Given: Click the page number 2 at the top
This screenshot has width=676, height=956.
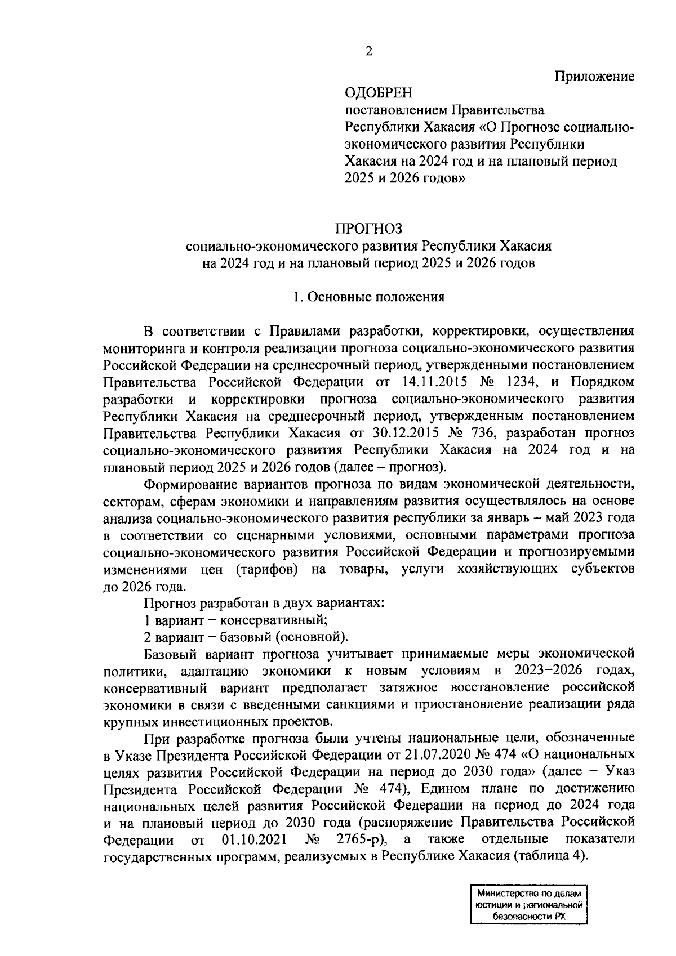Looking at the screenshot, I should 369,51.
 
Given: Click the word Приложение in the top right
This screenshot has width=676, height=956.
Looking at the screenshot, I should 594,76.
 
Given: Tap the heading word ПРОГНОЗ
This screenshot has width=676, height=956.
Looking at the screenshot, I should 369,229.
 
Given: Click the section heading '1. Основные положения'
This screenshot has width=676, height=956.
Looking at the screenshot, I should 369,297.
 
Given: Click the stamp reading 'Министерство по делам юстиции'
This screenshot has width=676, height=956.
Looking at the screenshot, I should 528,904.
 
